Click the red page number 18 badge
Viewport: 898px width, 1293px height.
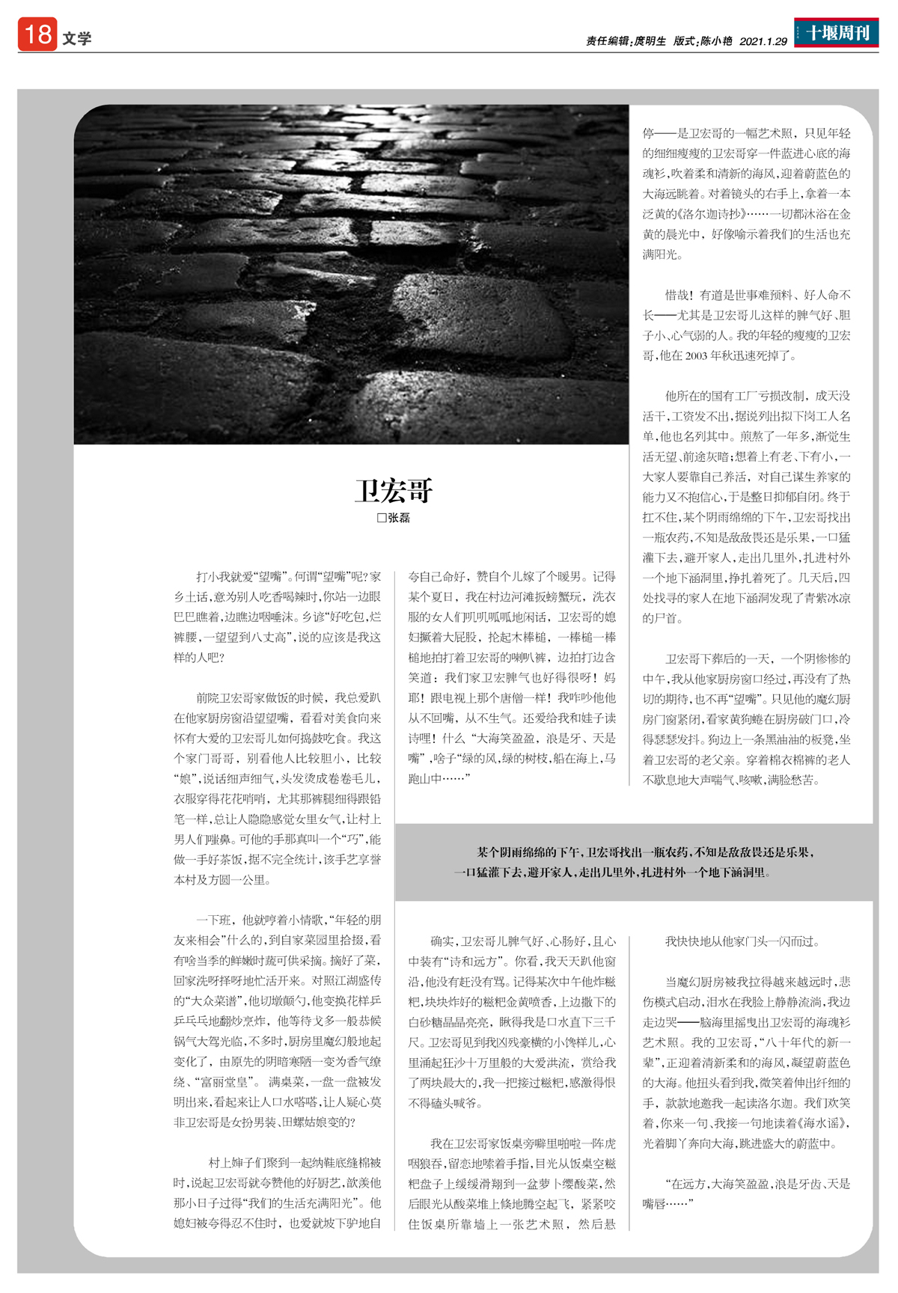[x=37, y=34]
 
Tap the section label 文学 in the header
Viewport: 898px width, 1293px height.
[x=76, y=39]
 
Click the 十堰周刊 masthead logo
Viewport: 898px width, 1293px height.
[x=836, y=33]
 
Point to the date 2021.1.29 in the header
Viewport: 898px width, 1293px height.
[x=763, y=42]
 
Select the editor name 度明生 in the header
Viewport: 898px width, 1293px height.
[x=650, y=42]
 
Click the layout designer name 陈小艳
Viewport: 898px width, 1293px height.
[x=716, y=42]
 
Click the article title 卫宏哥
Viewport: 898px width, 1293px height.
[x=394, y=491]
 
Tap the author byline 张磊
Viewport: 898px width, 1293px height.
[x=399, y=518]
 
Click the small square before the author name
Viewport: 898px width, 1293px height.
[x=382, y=518]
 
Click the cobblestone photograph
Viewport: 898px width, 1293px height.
[x=351, y=274]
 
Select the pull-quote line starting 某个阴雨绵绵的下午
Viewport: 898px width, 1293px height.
[x=645, y=852]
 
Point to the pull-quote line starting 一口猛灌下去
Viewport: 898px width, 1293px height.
[x=611, y=872]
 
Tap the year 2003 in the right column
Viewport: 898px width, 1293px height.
[x=695, y=356]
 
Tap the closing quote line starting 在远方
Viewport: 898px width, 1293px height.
[x=756, y=1184]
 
